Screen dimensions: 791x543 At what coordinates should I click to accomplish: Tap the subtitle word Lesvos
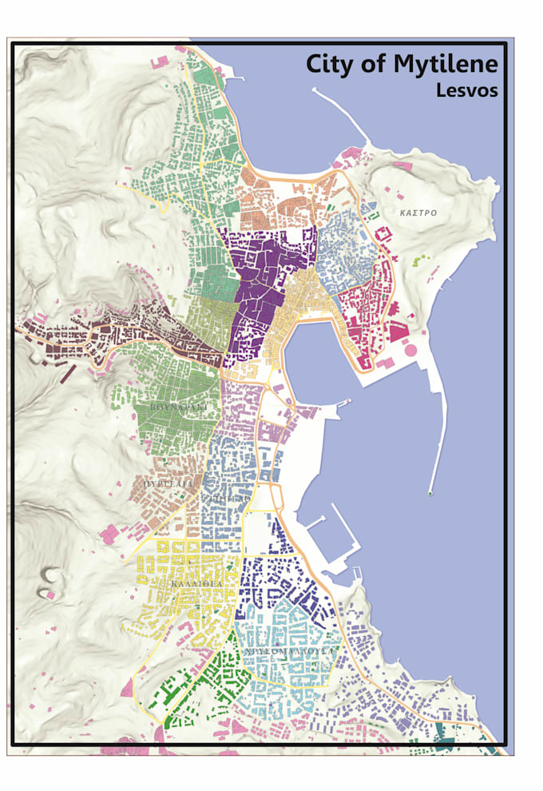pos(466,90)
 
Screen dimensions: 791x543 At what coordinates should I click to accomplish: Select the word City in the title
pos(330,64)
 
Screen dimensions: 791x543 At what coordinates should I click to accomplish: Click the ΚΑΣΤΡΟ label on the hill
pos(418,213)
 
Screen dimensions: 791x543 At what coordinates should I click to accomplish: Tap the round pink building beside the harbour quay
pos(412,348)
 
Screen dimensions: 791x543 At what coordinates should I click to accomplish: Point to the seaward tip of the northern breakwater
pos(314,90)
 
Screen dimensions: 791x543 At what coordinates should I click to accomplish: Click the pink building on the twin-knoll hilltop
pos(49,594)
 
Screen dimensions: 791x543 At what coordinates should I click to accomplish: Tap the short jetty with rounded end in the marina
pos(310,521)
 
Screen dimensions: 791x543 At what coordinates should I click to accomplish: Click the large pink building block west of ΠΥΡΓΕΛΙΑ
pos(109,534)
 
